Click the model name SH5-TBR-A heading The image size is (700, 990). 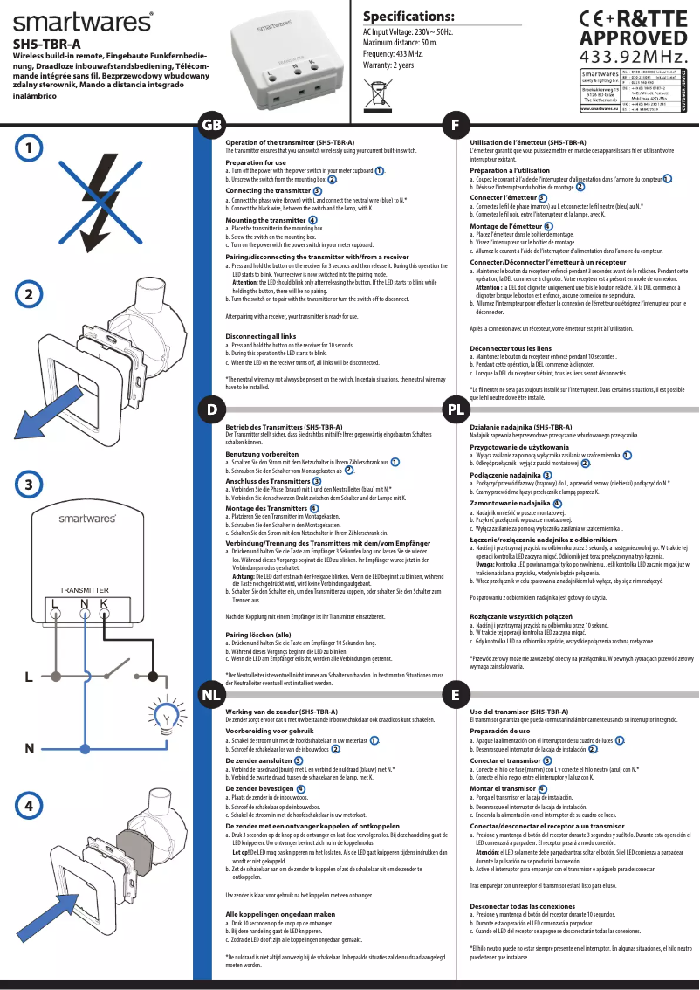point(47,44)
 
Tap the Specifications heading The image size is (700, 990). point(408,17)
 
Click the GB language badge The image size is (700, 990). point(210,125)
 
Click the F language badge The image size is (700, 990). point(455,125)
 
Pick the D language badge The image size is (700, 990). point(210,409)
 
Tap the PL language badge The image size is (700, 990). point(455,409)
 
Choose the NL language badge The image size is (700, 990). point(210,695)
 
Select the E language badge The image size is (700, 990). point(455,695)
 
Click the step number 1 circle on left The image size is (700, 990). point(30,148)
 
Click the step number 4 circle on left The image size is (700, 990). point(30,805)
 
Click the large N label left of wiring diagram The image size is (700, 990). point(29,748)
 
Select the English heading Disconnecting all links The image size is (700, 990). point(260,336)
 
